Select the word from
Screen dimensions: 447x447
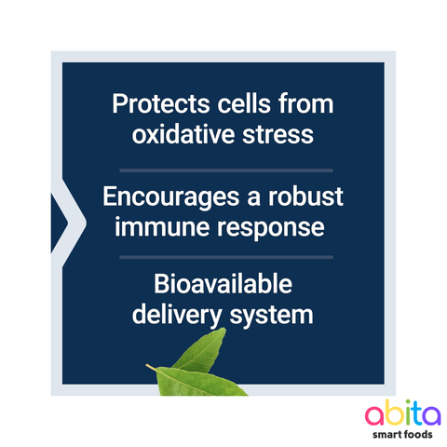pos(303,104)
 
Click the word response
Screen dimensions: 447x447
pos(272,226)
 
